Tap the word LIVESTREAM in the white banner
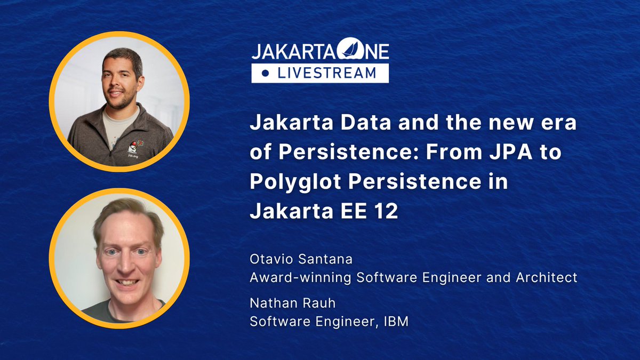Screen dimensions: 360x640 coord(326,73)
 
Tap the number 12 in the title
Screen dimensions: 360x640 coord(387,212)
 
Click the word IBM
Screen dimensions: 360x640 coord(396,322)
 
